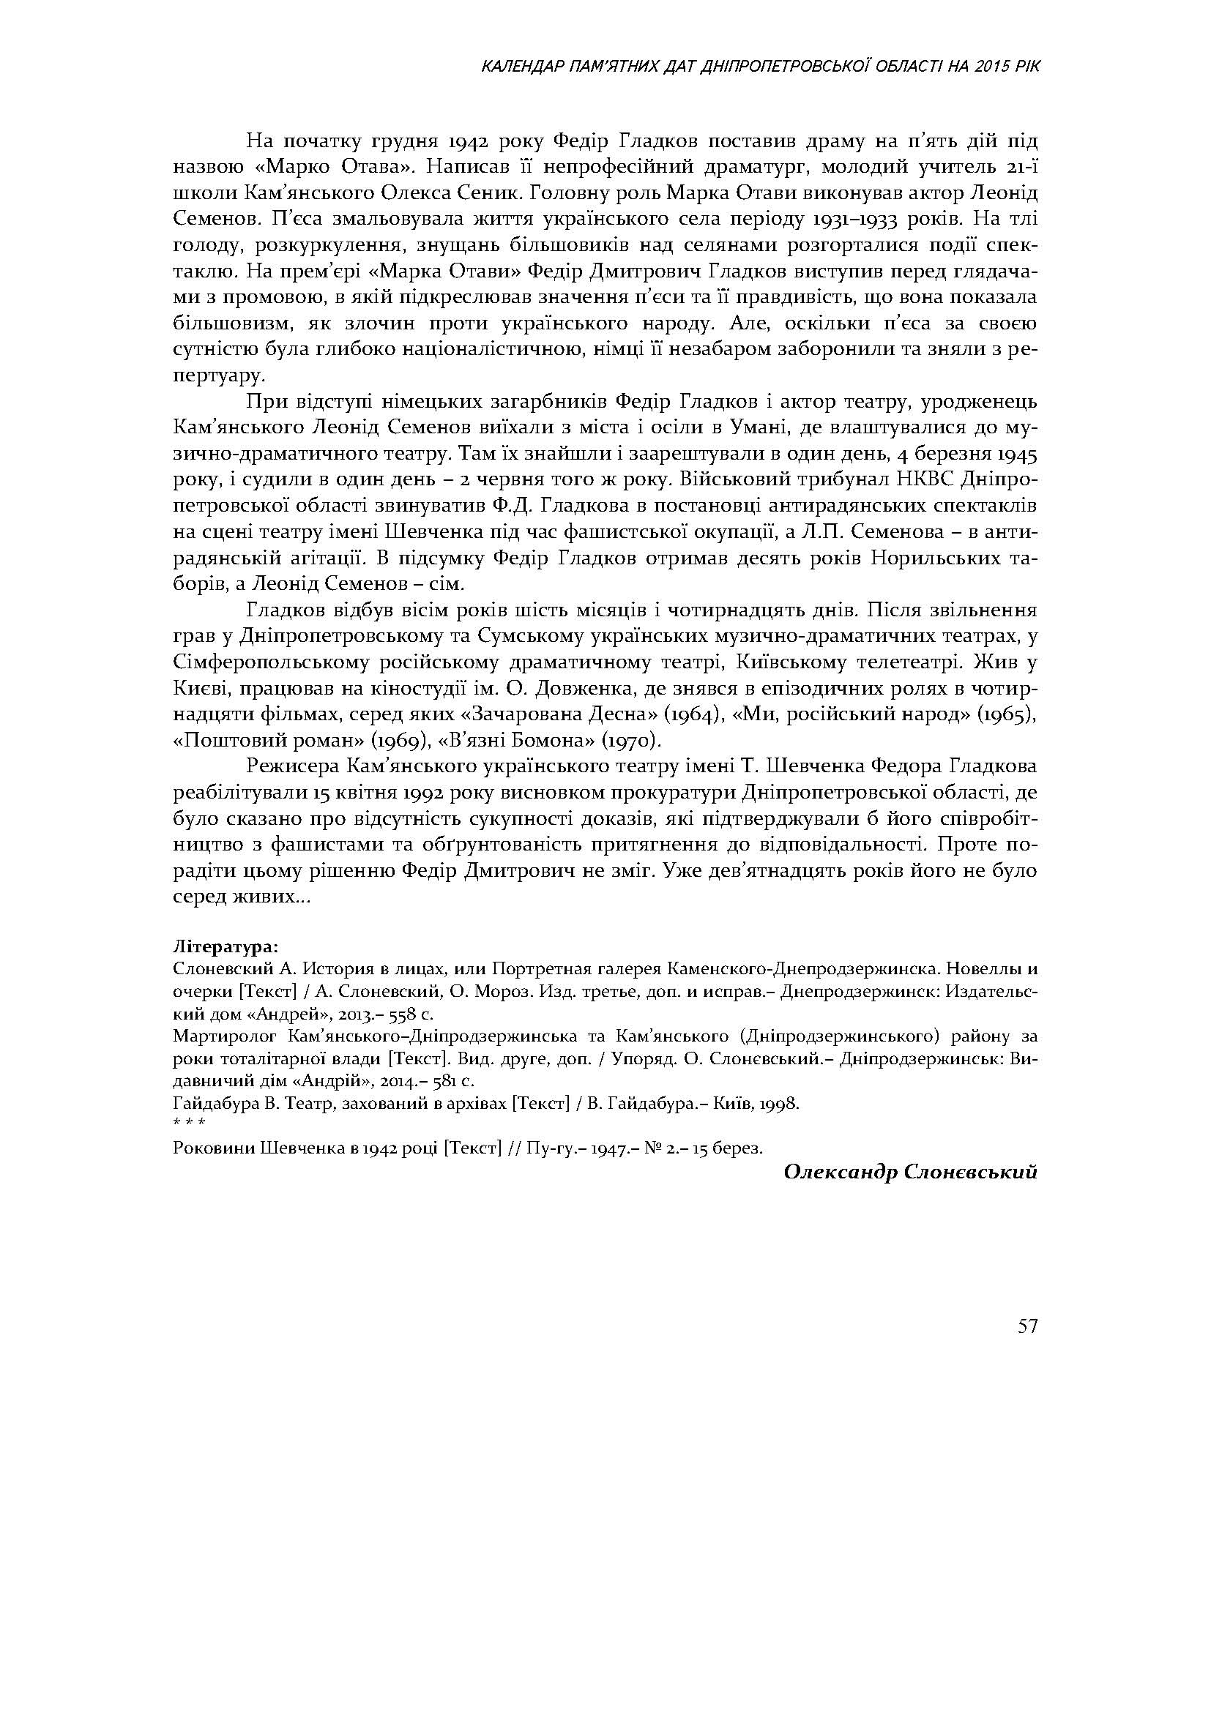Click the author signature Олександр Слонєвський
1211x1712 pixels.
pyautogui.click(x=911, y=1172)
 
